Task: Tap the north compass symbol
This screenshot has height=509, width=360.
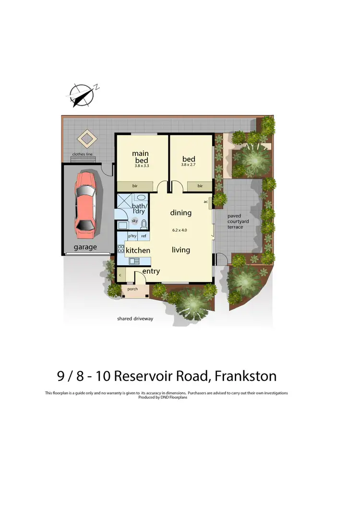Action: (x=81, y=94)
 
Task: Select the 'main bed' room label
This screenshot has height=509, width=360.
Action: (x=141, y=157)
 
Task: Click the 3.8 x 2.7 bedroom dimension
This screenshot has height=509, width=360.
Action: (x=188, y=165)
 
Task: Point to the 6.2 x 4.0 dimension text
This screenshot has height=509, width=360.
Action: (x=180, y=230)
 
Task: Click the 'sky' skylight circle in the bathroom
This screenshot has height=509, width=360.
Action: (x=134, y=221)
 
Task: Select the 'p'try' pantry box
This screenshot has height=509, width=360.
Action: (x=132, y=236)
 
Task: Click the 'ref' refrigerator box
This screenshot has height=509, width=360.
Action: (x=144, y=236)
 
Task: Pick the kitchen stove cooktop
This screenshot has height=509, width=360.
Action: (x=121, y=249)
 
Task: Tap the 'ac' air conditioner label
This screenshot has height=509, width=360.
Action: (x=206, y=201)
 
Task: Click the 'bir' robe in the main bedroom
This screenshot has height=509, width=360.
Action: (x=135, y=186)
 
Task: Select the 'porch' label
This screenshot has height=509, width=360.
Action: (x=132, y=289)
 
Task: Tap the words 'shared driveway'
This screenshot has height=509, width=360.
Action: (x=135, y=319)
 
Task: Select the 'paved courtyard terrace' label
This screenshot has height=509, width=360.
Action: (x=235, y=222)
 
